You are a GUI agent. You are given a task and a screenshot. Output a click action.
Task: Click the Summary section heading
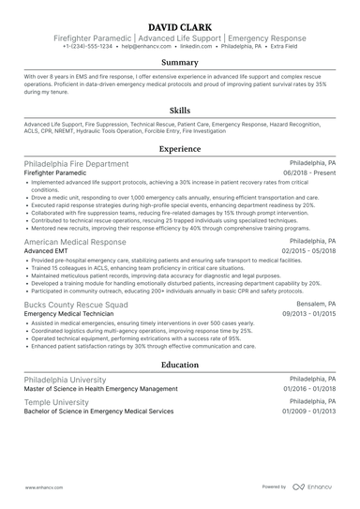[179, 62]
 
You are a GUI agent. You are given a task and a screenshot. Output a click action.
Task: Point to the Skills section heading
[179, 110]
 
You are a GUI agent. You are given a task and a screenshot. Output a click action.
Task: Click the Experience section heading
[179, 149]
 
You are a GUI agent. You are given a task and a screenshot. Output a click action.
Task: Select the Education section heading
[179, 365]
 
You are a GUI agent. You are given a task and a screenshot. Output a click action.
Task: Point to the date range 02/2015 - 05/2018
[310, 251]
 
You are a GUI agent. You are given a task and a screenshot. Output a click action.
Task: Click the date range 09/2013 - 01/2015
[310, 316]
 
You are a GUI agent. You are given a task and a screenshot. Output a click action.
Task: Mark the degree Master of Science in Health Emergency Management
[100, 388]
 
